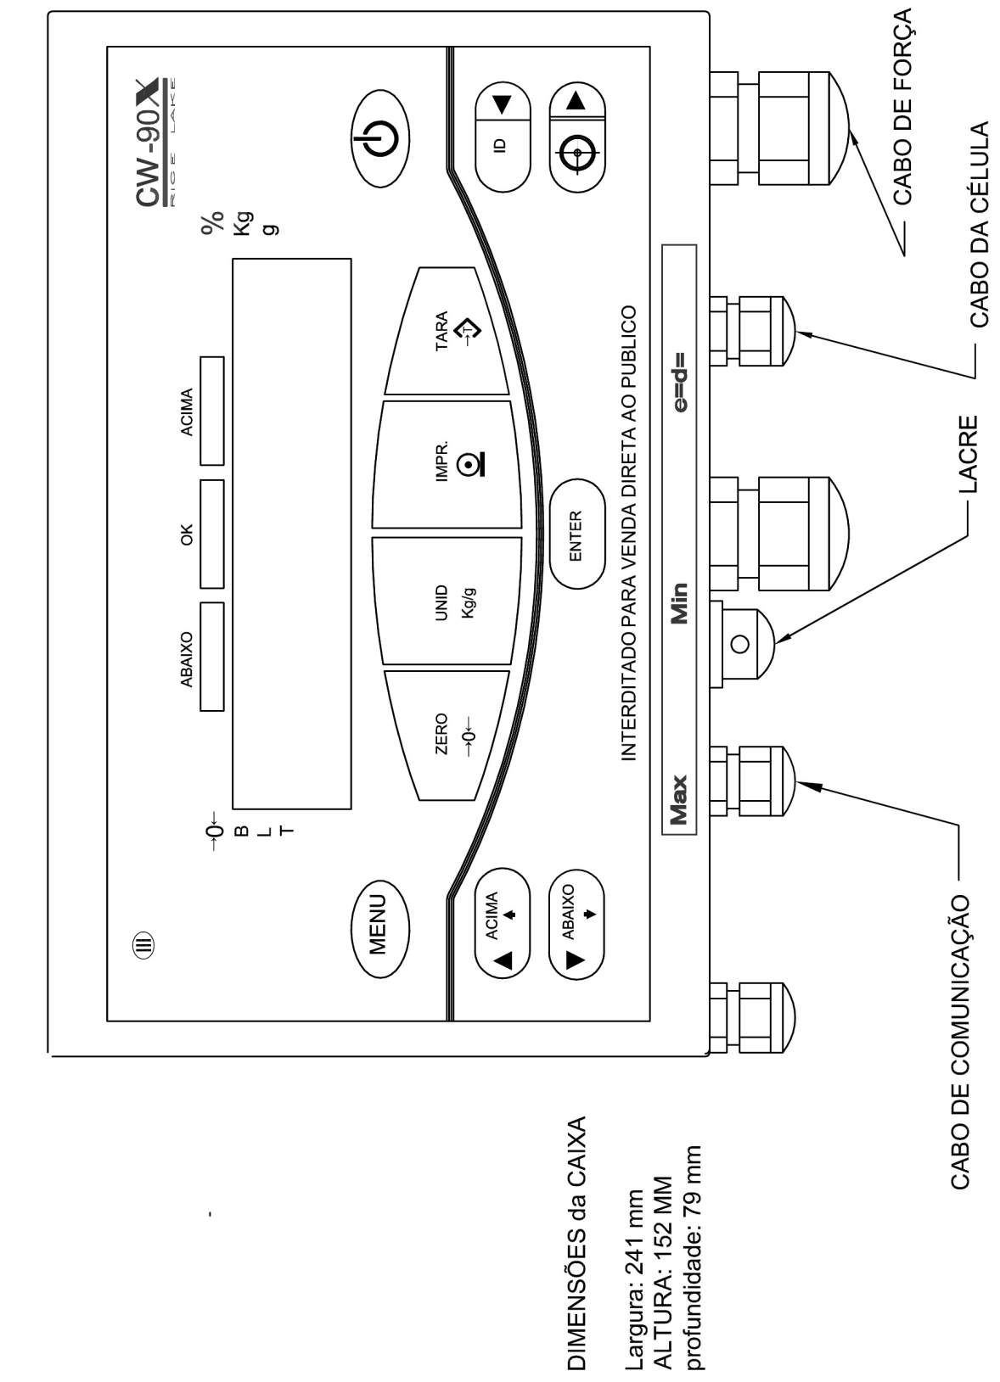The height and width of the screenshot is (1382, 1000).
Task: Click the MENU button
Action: click(x=379, y=928)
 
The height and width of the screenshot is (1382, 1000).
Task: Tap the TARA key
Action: click(x=447, y=332)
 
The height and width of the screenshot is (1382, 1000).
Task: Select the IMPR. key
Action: click(x=447, y=465)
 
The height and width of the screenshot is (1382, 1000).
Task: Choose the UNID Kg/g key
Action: click(x=447, y=601)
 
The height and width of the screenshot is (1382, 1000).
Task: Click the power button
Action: click(x=379, y=138)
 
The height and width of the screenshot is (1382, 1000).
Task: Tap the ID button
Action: click(x=503, y=137)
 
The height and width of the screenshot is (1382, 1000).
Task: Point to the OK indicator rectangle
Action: click(x=211, y=534)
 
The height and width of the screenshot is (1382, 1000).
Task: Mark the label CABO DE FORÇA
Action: click(x=902, y=106)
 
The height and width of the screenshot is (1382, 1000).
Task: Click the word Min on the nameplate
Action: click(x=679, y=603)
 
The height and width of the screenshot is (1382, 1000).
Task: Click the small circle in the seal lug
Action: click(x=740, y=644)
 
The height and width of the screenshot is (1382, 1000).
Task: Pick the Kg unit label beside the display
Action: click(x=244, y=223)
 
